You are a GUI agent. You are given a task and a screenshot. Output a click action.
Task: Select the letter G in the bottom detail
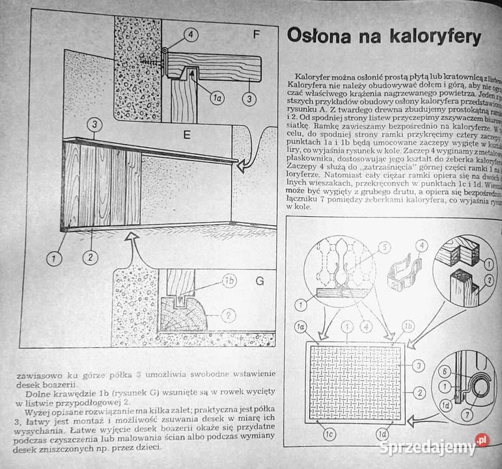259,282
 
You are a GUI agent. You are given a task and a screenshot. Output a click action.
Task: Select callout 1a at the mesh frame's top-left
300,324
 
